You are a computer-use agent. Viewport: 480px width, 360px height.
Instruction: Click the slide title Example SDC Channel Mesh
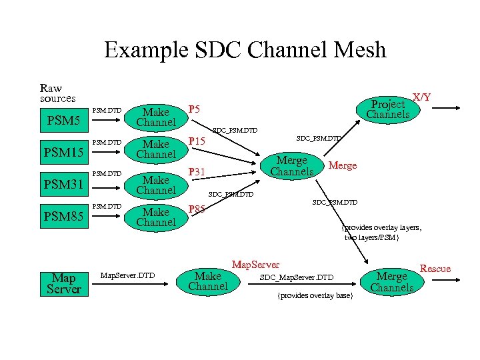(x=245, y=50)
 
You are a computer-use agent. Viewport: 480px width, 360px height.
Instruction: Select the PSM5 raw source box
(x=63, y=122)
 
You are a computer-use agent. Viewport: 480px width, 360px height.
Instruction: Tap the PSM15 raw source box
(x=63, y=154)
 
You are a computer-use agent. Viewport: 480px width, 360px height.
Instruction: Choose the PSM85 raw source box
(x=63, y=217)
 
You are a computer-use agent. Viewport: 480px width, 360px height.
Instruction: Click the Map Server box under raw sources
(x=65, y=283)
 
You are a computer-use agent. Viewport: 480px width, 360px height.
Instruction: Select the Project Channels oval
(x=388, y=109)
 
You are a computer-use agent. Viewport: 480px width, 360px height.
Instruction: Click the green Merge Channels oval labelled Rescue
(x=392, y=282)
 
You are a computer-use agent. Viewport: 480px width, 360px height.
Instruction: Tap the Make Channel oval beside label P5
(x=156, y=117)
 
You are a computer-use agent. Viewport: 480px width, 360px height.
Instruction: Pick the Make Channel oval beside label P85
(x=156, y=217)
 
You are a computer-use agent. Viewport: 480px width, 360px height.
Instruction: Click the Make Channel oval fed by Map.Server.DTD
(x=207, y=281)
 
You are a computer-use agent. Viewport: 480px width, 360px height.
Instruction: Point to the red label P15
(x=197, y=141)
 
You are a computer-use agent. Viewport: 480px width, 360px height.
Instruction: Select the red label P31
(x=197, y=173)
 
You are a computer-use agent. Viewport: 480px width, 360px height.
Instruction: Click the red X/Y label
(x=421, y=97)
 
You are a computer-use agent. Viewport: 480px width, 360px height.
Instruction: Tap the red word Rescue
(x=435, y=269)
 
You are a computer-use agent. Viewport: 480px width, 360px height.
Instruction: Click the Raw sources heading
(x=57, y=93)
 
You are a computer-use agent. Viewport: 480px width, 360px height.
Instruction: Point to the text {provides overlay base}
(x=315, y=295)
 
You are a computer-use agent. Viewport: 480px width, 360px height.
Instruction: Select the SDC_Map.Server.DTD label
(x=296, y=277)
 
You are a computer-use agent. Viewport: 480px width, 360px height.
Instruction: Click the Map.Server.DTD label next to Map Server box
(x=127, y=275)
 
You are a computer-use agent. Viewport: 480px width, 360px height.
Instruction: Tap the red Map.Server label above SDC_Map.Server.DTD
(x=255, y=265)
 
